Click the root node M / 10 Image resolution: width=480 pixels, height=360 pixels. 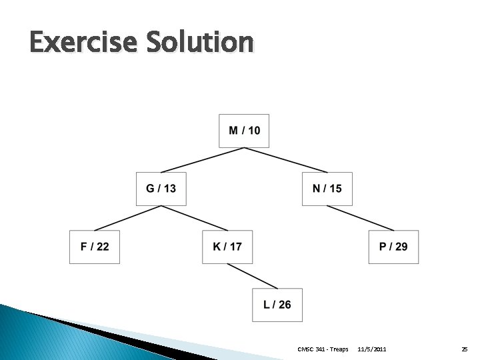click(x=244, y=131)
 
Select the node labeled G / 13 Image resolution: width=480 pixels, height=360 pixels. click(x=161, y=189)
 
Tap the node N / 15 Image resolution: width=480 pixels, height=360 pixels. click(x=327, y=189)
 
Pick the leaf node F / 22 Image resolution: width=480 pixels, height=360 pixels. click(x=95, y=247)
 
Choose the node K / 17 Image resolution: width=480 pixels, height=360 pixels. click(x=227, y=247)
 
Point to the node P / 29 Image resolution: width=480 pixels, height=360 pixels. click(x=393, y=247)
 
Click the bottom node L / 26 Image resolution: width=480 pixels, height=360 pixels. click(x=277, y=305)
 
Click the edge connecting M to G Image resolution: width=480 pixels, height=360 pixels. click(x=203, y=160)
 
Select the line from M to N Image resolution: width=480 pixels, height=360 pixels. click(x=285, y=160)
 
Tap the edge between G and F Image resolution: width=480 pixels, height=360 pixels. click(x=128, y=218)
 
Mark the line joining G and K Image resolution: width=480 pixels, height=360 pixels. click(x=195, y=218)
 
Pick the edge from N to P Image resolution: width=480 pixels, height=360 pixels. click(x=360, y=218)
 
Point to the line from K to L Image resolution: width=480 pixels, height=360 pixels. click(x=253, y=276)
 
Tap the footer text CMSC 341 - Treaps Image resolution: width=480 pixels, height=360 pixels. click(x=323, y=349)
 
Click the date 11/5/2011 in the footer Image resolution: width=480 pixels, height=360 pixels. click(x=371, y=349)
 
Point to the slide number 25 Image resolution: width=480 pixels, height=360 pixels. click(x=464, y=349)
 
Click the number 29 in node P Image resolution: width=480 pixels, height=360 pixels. click(x=401, y=247)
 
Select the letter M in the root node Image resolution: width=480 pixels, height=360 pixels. click(x=234, y=131)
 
